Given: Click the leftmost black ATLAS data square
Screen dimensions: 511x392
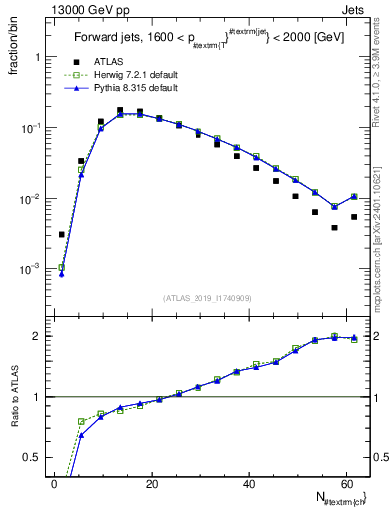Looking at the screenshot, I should pyautogui.click(x=62, y=235).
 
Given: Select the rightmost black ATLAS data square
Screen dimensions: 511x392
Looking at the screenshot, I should pyautogui.click(x=354, y=217).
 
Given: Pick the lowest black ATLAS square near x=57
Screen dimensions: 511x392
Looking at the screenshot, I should pyautogui.click(x=334, y=228).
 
